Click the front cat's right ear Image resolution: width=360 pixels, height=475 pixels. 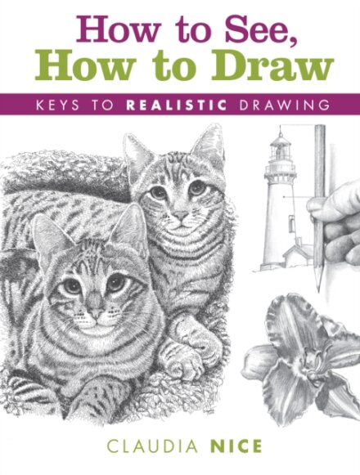pos(130,231)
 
